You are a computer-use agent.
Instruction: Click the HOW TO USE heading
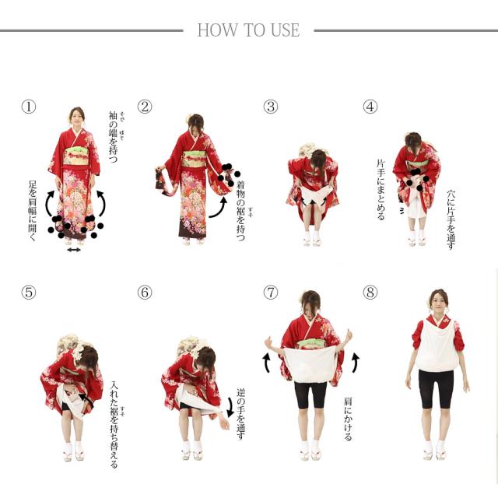[x=248, y=30]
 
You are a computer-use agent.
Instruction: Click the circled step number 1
[x=29, y=107]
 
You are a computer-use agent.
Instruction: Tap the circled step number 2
[x=145, y=107]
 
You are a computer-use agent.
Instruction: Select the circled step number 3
[x=271, y=107]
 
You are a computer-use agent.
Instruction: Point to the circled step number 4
[x=370, y=107]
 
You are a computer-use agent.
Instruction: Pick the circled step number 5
[x=29, y=293]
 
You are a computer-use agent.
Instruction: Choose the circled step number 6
[x=145, y=293]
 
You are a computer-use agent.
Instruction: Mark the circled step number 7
[x=271, y=293]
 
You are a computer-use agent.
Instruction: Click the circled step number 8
[x=370, y=293]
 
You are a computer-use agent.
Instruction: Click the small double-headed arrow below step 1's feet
[x=74, y=250]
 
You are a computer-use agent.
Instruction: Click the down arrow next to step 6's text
[x=231, y=407]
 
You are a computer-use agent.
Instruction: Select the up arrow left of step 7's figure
[x=266, y=363]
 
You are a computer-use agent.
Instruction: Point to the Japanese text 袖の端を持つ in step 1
[x=113, y=137]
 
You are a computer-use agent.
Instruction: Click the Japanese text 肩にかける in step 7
[x=348, y=419]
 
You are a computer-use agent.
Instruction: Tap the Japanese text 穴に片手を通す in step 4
[x=451, y=219]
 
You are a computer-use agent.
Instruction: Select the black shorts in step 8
[x=436, y=388]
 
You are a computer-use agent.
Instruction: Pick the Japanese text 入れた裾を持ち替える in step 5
[x=114, y=425]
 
